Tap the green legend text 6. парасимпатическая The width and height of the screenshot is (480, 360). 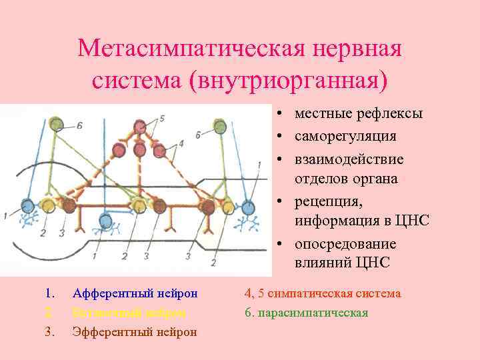[x=307, y=312]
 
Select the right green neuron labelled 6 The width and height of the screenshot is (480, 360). [x=220, y=125]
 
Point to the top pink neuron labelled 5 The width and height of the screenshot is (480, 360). [x=139, y=127]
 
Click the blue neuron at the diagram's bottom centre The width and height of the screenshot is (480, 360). [x=105, y=221]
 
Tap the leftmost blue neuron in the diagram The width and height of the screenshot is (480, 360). [x=27, y=205]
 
